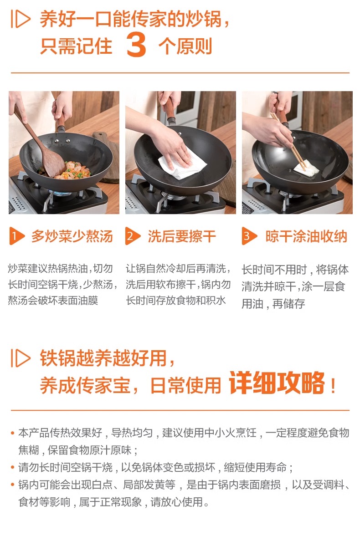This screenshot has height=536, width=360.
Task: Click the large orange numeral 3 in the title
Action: coord(136,45)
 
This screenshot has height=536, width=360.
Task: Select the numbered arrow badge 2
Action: coord(133,236)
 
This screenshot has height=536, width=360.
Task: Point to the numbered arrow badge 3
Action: coord(249,236)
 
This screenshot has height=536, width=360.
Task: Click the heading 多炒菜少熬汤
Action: coord(72,236)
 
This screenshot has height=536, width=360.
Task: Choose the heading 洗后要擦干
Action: coord(182,236)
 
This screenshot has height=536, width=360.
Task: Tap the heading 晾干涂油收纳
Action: coord(306,236)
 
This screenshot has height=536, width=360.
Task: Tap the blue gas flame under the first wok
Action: coord(59,194)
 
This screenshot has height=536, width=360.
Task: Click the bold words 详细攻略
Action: coord(277,383)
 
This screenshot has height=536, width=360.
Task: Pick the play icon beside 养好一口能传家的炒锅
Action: coord(21,19)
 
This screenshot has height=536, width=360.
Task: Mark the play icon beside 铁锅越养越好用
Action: coord(21,358)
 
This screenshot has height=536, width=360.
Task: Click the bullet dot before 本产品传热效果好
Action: coord(13,433)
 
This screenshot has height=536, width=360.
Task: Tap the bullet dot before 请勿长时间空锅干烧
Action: coord(13,467)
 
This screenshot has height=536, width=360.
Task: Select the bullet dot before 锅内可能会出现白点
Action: coord(13,485)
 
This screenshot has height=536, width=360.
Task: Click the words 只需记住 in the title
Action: coord(76,46)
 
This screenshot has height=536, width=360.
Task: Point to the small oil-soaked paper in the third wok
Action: coord(306,168)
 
